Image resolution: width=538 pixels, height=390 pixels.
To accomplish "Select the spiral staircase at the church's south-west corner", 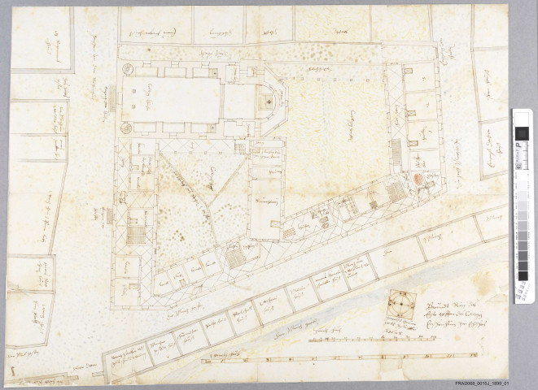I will coord(126,128).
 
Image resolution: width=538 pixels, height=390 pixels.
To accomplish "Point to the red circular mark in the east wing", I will coord(419,178).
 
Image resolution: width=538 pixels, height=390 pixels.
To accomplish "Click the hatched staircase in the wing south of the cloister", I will coord(234,258).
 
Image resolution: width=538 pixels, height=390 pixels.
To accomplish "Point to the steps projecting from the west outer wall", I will coord(108,216).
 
